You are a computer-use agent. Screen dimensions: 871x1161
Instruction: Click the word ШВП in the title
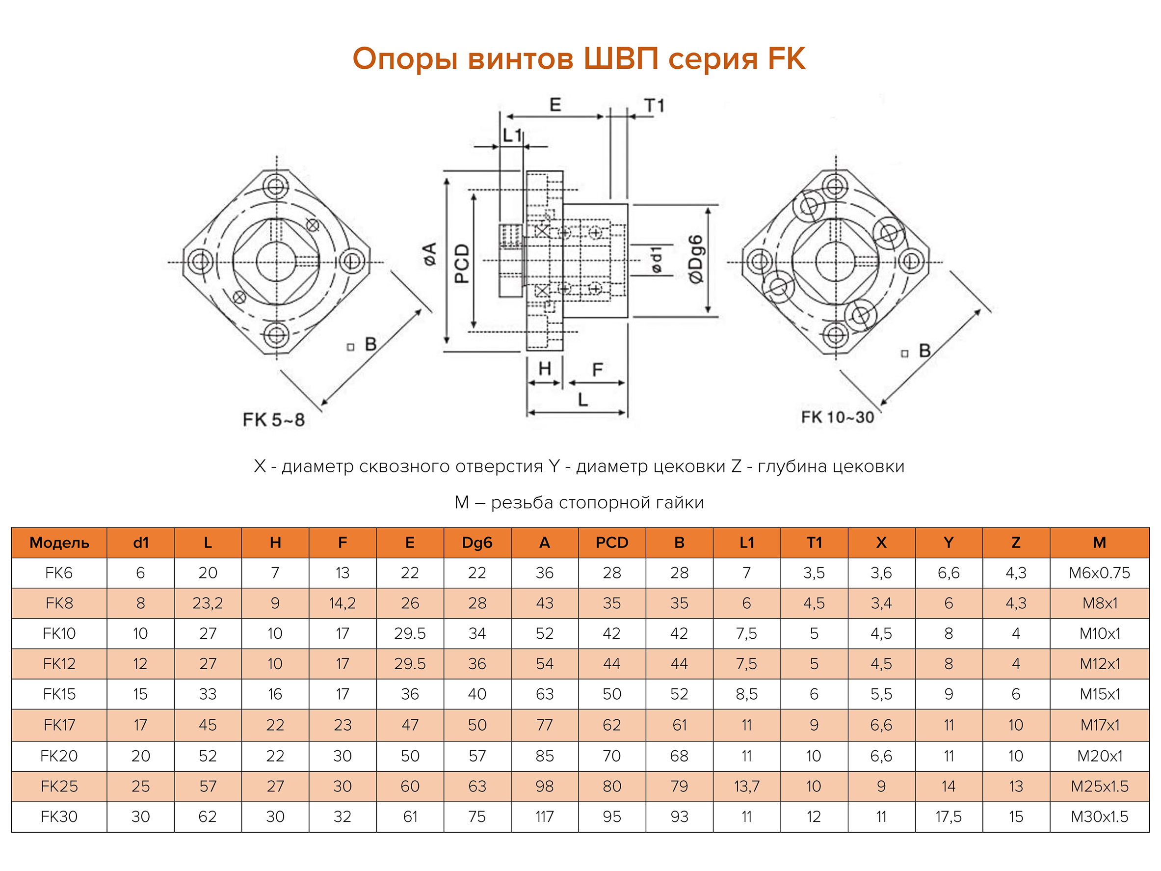(x=621, y=58)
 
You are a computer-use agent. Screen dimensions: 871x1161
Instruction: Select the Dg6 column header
(x=476, y=543)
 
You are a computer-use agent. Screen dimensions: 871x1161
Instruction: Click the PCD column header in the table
(x=611, y=543)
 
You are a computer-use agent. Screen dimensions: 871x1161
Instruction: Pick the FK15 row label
(x=59, y=694)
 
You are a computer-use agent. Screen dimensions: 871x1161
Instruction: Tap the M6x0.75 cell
(x=1099, y=573)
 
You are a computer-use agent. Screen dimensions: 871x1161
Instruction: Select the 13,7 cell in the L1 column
(x=746, y=786)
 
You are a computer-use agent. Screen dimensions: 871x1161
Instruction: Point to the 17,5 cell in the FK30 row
(x=948, y=817)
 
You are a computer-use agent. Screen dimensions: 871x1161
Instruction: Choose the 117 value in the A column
(x=544, y=817)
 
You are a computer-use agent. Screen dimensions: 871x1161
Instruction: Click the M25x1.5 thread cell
(x=1099, y=786)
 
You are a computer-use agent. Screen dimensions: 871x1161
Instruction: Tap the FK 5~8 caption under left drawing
(x=273, y=420)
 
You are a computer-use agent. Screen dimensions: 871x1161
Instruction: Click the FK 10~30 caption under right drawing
(x=837, y=417)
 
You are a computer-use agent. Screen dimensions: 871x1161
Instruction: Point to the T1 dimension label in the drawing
(x=654, y=106)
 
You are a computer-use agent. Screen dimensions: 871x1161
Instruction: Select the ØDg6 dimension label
(x=695, y=259)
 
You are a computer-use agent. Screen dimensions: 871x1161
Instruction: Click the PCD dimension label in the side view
(x=461, y=264)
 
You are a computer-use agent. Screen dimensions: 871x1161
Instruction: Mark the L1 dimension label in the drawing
(x=512, y=136)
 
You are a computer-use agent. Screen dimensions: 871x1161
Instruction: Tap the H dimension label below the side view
(x=544, y=369)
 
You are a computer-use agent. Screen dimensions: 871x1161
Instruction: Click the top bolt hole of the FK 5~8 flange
(x=276, y=187)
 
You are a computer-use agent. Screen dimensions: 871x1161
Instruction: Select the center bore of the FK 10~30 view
(x=836, y=262)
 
